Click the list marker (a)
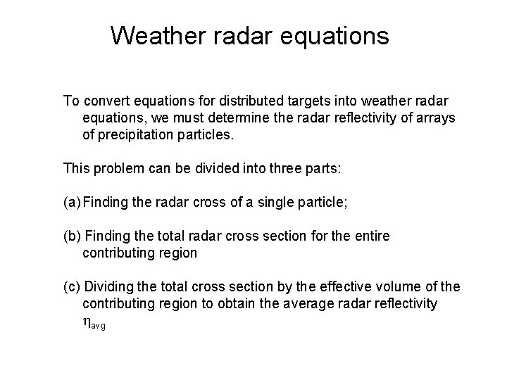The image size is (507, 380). [72, 203]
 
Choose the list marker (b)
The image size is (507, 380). [72, 236]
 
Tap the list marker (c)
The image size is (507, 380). [72, 287]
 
